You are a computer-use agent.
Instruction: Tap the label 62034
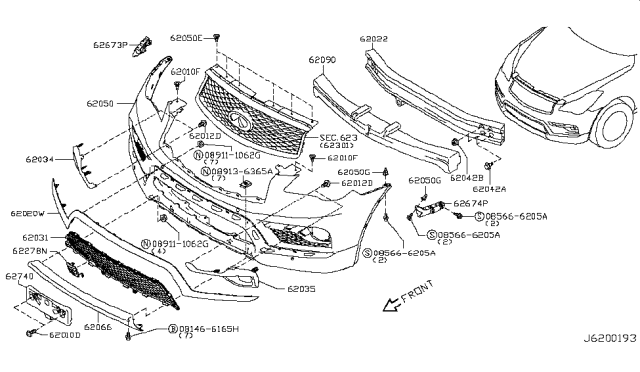(x=41, y=159)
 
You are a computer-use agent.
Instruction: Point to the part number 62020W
(x=28, y=213)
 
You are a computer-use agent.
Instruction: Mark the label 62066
(x=98, y=326)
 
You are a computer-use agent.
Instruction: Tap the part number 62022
(x=378, y=40)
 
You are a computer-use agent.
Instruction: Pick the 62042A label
(x=489, y=188)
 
